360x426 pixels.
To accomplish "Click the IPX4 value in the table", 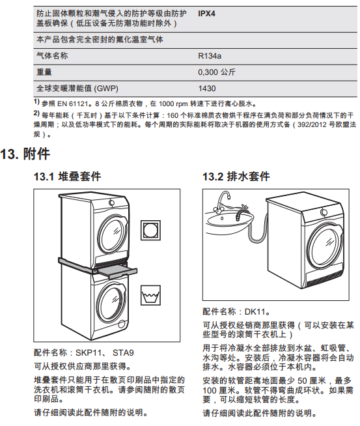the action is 206,14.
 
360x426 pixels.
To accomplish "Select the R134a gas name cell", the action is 210,56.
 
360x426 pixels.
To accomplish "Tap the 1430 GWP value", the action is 207,89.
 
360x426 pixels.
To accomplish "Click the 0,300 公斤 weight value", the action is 216,72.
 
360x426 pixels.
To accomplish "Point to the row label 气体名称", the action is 52,56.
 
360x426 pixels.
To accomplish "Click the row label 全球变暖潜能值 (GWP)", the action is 77,89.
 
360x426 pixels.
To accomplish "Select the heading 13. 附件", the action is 25,154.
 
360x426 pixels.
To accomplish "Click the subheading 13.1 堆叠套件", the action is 67,177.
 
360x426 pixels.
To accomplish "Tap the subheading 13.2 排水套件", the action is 236,177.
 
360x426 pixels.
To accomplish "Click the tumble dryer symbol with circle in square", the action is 150,231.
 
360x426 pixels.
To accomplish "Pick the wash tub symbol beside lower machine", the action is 150,295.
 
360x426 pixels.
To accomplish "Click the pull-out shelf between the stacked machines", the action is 117,272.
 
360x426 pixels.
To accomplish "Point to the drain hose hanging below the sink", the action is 256,233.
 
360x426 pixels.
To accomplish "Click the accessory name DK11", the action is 255,311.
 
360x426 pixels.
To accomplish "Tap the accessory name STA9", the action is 123,353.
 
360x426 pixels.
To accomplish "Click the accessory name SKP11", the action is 88,353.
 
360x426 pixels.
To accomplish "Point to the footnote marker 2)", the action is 36,113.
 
